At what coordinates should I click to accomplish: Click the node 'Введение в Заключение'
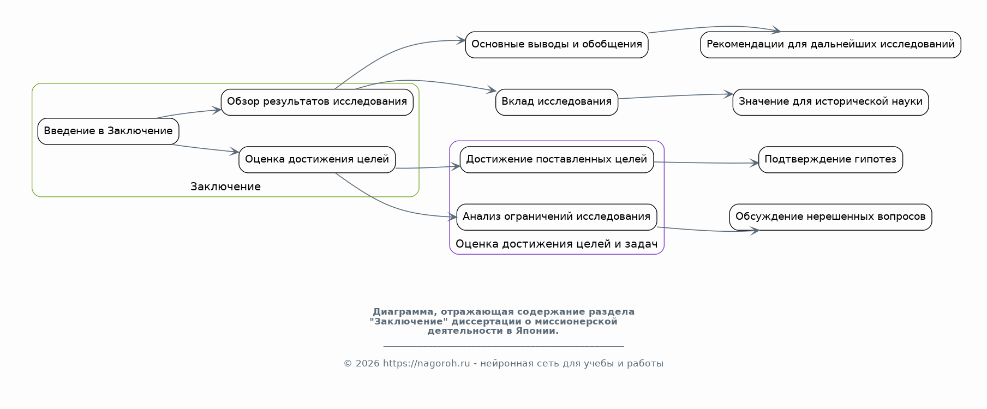[x=108, y=131]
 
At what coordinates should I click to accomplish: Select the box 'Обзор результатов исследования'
[x=317, y=102]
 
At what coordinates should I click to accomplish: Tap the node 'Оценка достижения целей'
[x=317, y=160]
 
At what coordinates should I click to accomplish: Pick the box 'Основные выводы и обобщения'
[x=557, y=45]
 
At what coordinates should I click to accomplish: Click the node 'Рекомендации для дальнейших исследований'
[x=830, y=45]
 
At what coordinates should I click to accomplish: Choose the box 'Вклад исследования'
[x=557, y=102]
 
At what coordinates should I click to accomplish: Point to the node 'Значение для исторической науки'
[x=830, y=102]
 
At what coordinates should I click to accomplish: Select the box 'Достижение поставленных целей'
[x=557, y=160]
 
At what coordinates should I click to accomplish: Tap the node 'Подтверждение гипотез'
[x=830, y=160]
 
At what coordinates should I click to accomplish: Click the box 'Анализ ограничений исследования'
[x=557, y=217]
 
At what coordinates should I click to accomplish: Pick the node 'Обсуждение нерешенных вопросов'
[x=830, y=217]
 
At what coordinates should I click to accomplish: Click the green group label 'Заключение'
[x=225, y=187]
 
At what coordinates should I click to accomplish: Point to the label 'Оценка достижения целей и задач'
[x=557, y=244]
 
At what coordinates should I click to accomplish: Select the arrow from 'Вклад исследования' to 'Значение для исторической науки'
[x=675, y=96]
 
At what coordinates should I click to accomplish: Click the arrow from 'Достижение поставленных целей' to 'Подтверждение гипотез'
[x=706, y=163]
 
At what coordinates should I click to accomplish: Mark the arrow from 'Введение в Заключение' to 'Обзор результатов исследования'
[x=189, y=113]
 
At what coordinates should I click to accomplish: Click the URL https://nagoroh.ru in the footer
[x=426, y=364]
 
